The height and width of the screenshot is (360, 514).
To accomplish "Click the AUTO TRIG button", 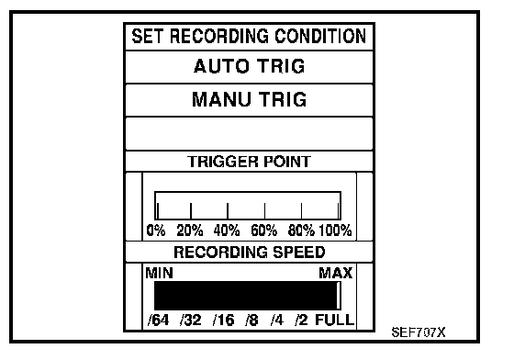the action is point(249,67).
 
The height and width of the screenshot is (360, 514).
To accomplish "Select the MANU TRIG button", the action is point(249,100).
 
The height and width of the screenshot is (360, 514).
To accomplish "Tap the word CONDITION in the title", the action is point(320,36).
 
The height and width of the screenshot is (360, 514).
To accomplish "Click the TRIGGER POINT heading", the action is point(249,162).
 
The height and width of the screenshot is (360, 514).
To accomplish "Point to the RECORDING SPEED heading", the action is point(249,253).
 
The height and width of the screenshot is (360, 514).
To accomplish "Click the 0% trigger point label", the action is point(156,231).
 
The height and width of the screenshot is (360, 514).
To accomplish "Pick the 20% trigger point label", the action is point(190,231).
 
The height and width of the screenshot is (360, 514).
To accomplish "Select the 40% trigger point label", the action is point(227,231).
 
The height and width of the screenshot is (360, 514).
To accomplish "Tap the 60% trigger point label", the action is point(264,231).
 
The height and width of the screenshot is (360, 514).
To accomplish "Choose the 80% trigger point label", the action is point(301,231).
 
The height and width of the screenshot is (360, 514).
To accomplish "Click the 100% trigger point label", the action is point(335,231).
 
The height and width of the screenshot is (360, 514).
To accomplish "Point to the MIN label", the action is point(159,273).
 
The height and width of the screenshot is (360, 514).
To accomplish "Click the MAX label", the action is point(336,273).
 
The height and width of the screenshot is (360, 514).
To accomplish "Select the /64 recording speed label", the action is point(158,320).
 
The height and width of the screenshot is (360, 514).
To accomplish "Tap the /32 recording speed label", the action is point(191,320).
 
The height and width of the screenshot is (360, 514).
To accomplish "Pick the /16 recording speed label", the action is point(224,320).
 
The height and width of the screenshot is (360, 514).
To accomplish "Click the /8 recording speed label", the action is point(251,320).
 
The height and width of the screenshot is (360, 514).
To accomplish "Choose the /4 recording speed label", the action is point(277,320).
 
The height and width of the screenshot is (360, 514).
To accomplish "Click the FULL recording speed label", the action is point(335,320).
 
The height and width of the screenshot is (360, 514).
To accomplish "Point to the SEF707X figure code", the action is point(419,332).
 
